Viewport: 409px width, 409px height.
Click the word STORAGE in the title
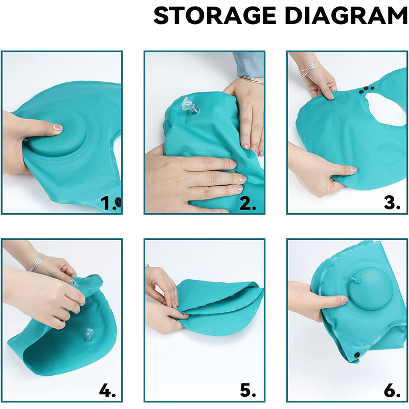[x=215, y=16]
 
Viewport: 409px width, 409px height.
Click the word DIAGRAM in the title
[x=346, y=16]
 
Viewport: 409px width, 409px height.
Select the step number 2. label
[x=248, y=203]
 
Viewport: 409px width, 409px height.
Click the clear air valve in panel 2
[x=190, y=106]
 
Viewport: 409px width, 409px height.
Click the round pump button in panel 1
[x=57, y=132]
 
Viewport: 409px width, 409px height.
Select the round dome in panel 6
[x=370, y=288]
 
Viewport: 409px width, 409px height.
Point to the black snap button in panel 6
[x=356, y=355]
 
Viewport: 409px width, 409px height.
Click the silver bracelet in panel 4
[x=37, y=262]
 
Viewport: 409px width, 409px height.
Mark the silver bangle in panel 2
[x=252, y=80]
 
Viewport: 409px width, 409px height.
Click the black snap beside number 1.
[x=119, y=202]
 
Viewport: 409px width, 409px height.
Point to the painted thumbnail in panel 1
[x=57, y=128]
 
